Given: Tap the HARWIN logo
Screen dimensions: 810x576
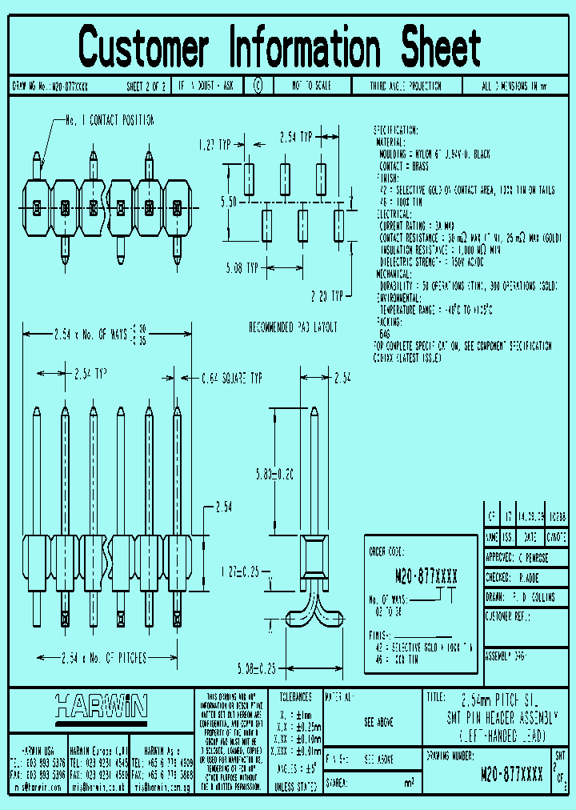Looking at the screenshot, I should (x=101, y=705).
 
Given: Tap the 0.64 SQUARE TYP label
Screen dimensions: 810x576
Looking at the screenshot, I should (x=232, y=375).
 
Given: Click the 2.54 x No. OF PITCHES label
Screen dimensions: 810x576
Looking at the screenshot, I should (x=104, y=658).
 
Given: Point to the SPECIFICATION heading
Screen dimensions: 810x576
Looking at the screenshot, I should (x=395, y=130).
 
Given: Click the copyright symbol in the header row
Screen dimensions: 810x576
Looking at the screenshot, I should (x=257, y=85).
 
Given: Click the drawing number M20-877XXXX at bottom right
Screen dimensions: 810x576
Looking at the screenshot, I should (x=512, y=774).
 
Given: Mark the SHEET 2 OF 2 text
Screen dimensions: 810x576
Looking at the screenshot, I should (x=146, y=85).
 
